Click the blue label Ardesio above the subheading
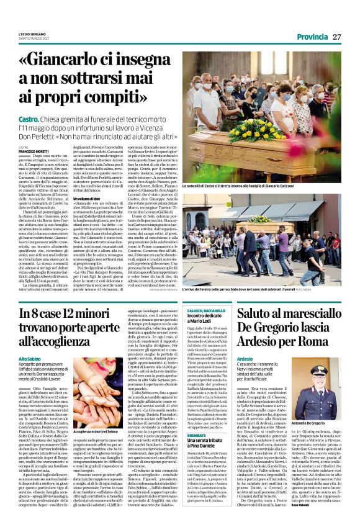[x=245, y=359]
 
